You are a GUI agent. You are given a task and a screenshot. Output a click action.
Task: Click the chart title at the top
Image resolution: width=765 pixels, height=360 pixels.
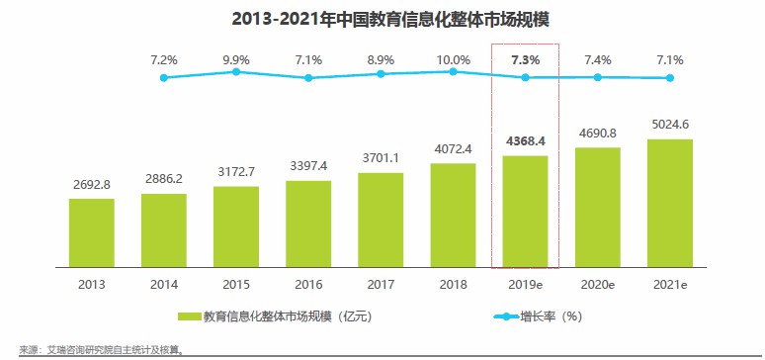[x=382, y=17]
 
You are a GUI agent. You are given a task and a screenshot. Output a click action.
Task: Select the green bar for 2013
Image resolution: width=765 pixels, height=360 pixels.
[x=91, y=233]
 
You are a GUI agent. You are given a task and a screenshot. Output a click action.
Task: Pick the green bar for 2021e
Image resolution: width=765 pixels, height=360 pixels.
[x=670, y=204]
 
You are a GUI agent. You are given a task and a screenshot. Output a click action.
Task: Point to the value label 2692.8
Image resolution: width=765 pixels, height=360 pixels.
[x=91, y=185]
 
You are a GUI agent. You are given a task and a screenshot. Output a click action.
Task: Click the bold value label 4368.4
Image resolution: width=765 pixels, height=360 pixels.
[x=526, y=141]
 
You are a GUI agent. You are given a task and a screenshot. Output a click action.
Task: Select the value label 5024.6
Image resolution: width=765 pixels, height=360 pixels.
[x=670, y=125]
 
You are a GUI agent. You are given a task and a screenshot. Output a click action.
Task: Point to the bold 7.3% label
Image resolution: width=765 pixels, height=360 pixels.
[x=526, y=59]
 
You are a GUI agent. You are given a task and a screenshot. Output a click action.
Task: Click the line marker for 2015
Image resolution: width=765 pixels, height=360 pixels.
[x=236, y=71]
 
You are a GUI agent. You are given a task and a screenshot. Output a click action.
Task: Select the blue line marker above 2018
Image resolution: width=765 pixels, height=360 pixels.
[x=453, y=71]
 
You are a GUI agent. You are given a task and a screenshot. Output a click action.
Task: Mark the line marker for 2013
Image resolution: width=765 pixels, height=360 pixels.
[x=164, y=77]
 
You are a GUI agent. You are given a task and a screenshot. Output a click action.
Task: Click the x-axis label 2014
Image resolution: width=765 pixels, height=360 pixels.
[x=164, y=284]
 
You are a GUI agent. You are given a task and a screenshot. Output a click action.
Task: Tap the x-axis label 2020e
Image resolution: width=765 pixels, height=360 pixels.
[x=598, y=284]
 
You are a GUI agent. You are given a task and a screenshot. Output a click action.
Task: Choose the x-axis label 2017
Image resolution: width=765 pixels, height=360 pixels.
[x=381, y=284]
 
